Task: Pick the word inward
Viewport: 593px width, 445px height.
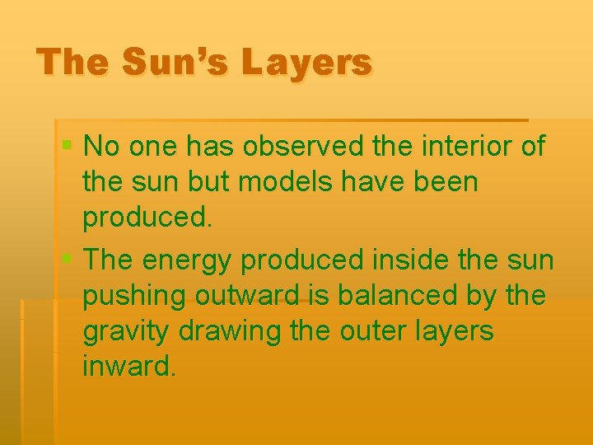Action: pos(128,367)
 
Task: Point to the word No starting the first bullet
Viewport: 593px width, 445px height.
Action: pos(103,147)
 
